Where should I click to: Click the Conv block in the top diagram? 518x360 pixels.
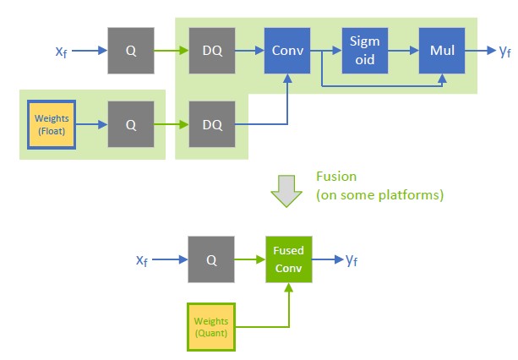click(x=287, y=51)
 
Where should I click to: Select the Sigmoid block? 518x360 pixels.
click(x=363, y=51)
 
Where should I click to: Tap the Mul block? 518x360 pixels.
click(x=441, y=51)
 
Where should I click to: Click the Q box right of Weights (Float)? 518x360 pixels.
click(x=131, y=124)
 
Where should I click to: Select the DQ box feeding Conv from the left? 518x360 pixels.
click(x=211, y=51)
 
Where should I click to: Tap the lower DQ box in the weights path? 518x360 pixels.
click(x=211, y=124)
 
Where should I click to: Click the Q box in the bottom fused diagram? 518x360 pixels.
click(x=211, y=259)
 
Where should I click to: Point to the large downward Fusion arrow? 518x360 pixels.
click(x=286, y=194)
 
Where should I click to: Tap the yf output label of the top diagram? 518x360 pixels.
click(x=505, y=52)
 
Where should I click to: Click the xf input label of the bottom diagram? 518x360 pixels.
click(x=143, y=259)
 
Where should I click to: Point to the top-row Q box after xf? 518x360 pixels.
click(x=131, y=51)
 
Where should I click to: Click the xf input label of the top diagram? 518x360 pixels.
click(x=61, y=52)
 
